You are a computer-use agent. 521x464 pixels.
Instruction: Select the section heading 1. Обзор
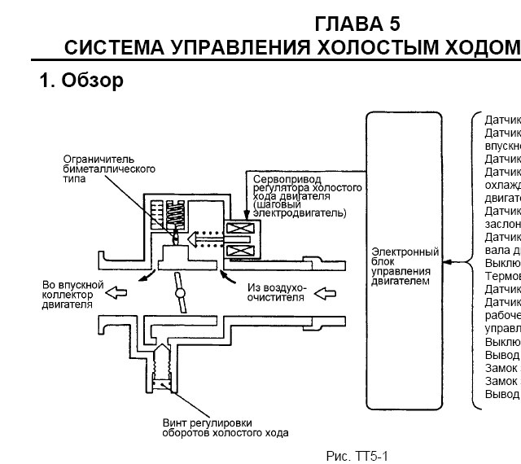[81, 81]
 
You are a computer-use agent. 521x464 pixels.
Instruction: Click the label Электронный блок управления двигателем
[405, 267]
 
